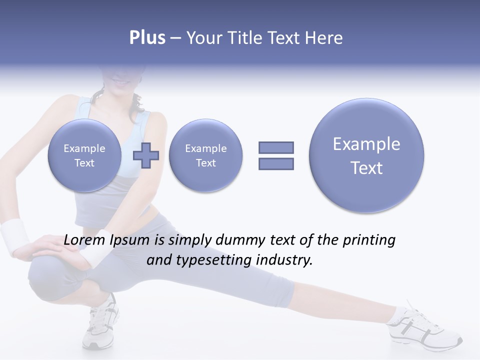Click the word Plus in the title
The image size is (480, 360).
[147, 38]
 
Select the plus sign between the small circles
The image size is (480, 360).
[146, 155]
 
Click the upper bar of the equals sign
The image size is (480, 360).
[276, 147]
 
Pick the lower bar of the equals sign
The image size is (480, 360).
[276, 163]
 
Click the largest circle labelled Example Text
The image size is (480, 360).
[366, 155]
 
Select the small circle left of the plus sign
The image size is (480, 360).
[84, 155]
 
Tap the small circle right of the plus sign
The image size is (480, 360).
[205, 155]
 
